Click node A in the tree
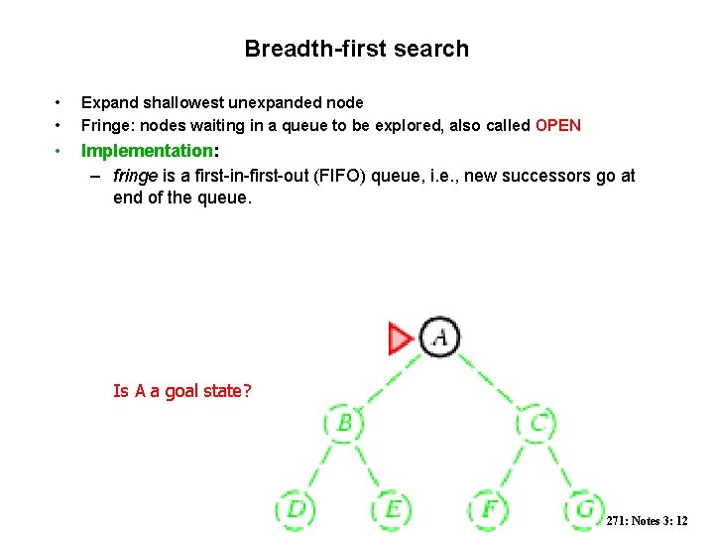pos(439,337)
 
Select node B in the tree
pos(343,424)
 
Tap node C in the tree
pos(536,424)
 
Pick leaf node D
pos(296,509)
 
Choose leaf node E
pos(392,509)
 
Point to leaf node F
pos(489,509)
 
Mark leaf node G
pos(584,509)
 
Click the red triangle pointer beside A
pos(400,337)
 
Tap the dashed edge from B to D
pos(319,467)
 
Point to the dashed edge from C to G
pos(561,467)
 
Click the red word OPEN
pos(558,126)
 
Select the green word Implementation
pos(147,151)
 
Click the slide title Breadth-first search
pos(357,48)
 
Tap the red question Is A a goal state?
pos(182,391)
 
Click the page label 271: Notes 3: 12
pos(647,521)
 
